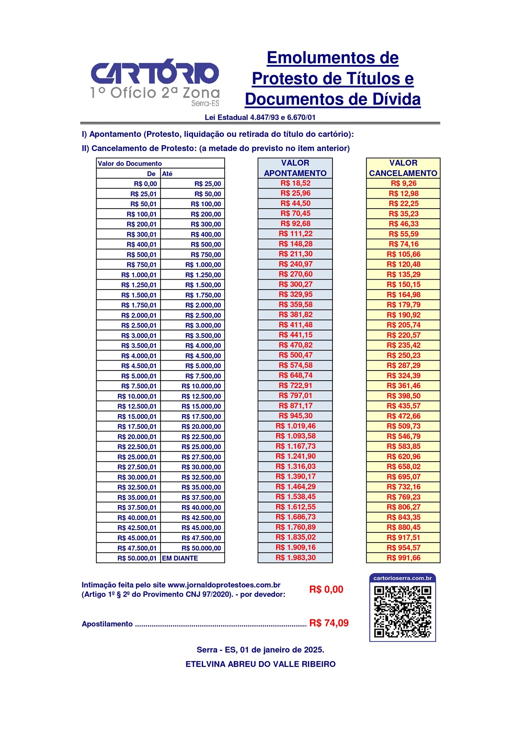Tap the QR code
403,611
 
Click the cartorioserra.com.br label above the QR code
403,578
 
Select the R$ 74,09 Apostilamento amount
329,623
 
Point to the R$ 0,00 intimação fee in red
326,589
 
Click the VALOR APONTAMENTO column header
295,168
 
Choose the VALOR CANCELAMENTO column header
403,168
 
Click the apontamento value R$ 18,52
295,183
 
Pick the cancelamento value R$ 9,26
404,183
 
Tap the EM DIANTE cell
180,558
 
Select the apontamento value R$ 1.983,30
295,558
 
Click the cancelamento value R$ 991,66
404,558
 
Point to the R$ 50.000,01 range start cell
137,558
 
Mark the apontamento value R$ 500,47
295,355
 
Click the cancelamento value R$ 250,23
404,355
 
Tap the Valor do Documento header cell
130,164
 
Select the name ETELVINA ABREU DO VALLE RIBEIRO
261,664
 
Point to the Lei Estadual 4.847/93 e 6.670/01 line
260,117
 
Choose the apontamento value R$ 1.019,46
295,426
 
